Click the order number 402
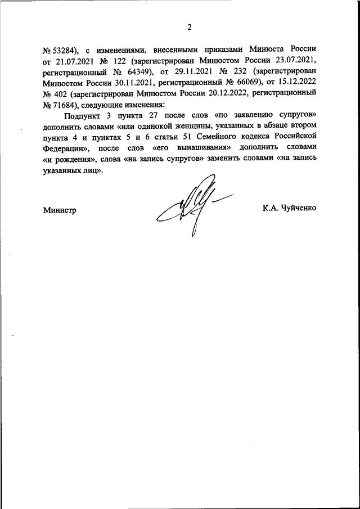pyautogui.click(x=66, y=96)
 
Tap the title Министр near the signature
pyautogui.click(x=59, y=209)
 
